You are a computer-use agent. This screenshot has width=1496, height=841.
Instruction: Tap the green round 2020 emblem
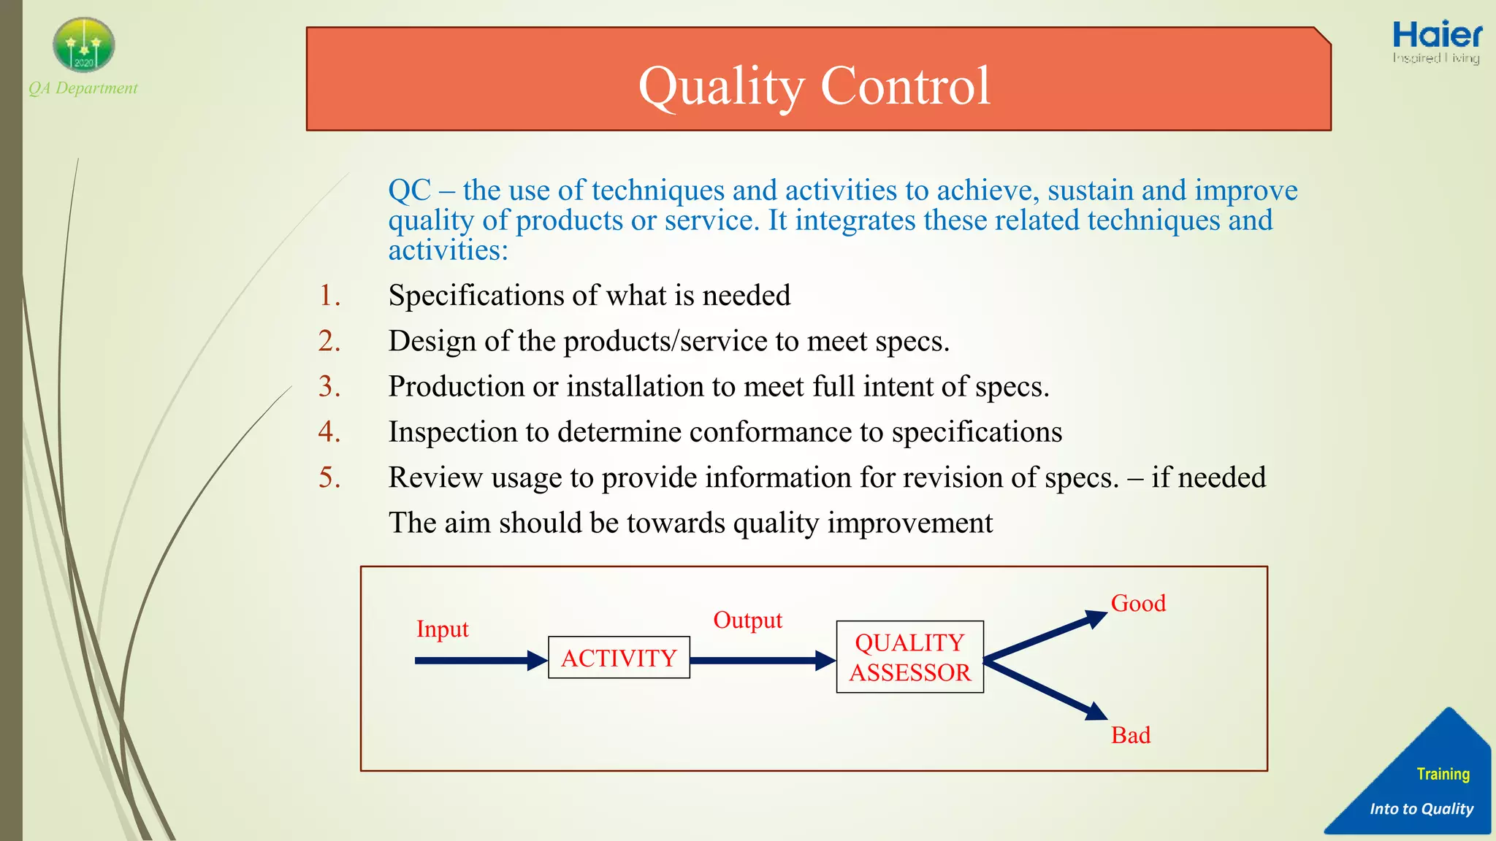84,45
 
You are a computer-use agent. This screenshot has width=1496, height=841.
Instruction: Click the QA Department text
83,88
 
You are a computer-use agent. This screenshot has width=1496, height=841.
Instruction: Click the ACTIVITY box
619,658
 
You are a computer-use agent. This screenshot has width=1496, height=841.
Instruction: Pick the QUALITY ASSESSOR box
909,657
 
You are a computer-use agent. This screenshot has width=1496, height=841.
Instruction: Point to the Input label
442,629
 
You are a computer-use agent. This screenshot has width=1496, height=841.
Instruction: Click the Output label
747,620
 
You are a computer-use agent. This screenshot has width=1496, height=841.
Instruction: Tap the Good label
1138,604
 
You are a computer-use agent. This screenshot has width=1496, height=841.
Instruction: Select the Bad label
1130,735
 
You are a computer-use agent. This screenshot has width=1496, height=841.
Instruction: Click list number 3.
329,386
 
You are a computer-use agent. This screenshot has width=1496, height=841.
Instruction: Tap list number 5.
329,477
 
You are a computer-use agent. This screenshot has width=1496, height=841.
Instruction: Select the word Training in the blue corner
1443,774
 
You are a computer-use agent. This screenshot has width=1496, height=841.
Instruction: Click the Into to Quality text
1421,809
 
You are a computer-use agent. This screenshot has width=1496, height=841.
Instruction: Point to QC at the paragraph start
409,191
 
